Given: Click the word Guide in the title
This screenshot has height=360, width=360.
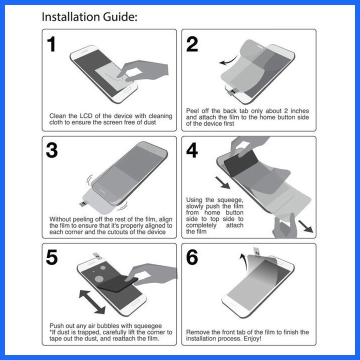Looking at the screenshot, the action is pos(120,17).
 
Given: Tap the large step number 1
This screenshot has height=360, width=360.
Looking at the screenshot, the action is pos(51,44).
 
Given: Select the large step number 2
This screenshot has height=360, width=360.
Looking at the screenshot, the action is pos(192,44).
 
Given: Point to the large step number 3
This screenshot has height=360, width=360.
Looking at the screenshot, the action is pos(51,150).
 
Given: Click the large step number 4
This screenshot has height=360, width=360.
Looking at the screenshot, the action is pos(192,150).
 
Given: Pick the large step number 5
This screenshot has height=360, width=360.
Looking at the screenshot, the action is pos(51,257).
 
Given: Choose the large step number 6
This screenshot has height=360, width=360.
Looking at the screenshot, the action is pos(192,257).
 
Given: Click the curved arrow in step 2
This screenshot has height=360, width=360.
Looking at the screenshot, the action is pos(228,61).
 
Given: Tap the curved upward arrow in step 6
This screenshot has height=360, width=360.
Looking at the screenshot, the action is pos(243,262).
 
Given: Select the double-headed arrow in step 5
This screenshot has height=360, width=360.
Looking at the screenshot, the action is pos(92,301).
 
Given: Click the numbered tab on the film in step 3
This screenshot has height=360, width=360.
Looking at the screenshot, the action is pos(83,204).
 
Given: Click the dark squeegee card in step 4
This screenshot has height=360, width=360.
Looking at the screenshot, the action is pos(241,162).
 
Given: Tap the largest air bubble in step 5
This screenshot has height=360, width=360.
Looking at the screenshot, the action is pos(99,278).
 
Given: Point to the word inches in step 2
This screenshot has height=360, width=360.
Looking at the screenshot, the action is pos(299,111).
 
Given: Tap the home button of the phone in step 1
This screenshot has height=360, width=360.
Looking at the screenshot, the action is pos(127,90).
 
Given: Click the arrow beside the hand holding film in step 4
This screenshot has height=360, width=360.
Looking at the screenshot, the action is pos(305,226).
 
